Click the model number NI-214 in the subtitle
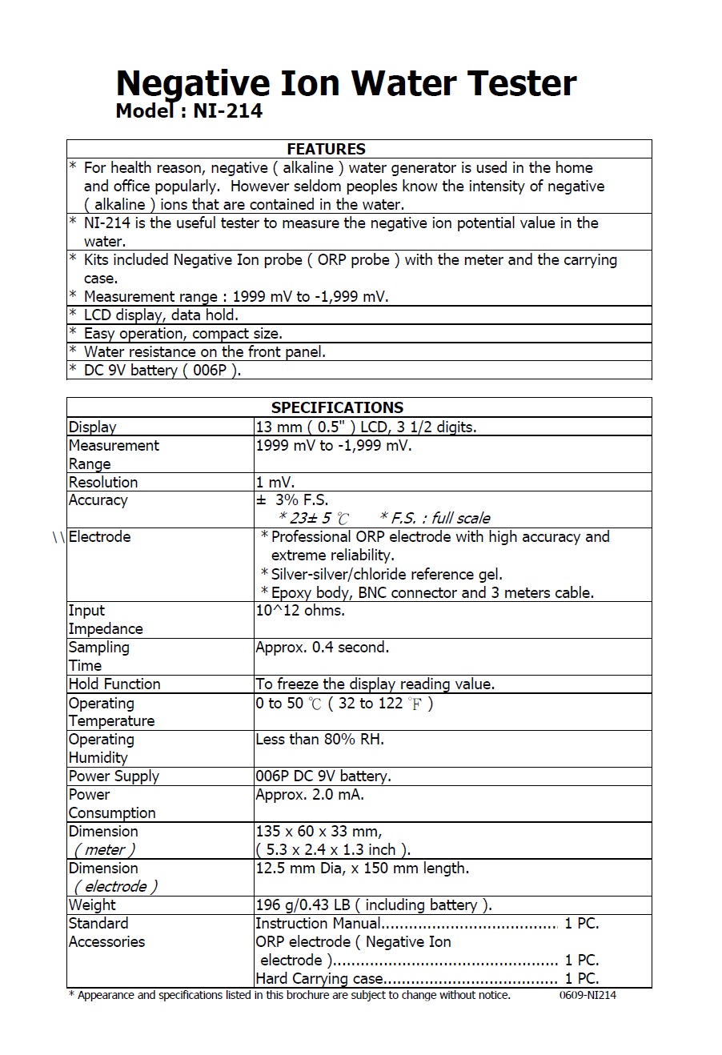coord(227,111)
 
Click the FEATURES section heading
coord(326,149)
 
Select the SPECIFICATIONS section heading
coord(337,407)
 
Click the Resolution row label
coord(103,482)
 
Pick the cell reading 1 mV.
coord(275,482)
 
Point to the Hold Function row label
coord(114,684)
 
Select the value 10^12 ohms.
coord(300,610)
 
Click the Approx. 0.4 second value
coord(322,647)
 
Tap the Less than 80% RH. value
coord(319,739)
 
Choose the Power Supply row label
coord(114,776)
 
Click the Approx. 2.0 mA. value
coord(309,794)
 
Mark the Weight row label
coord(92,905)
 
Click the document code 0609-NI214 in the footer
coord(588,995)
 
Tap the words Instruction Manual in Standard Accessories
coord(318,923)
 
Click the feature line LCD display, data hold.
coord(161,315)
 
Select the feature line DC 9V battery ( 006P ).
coord(162,370)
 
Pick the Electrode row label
coord(99,536)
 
